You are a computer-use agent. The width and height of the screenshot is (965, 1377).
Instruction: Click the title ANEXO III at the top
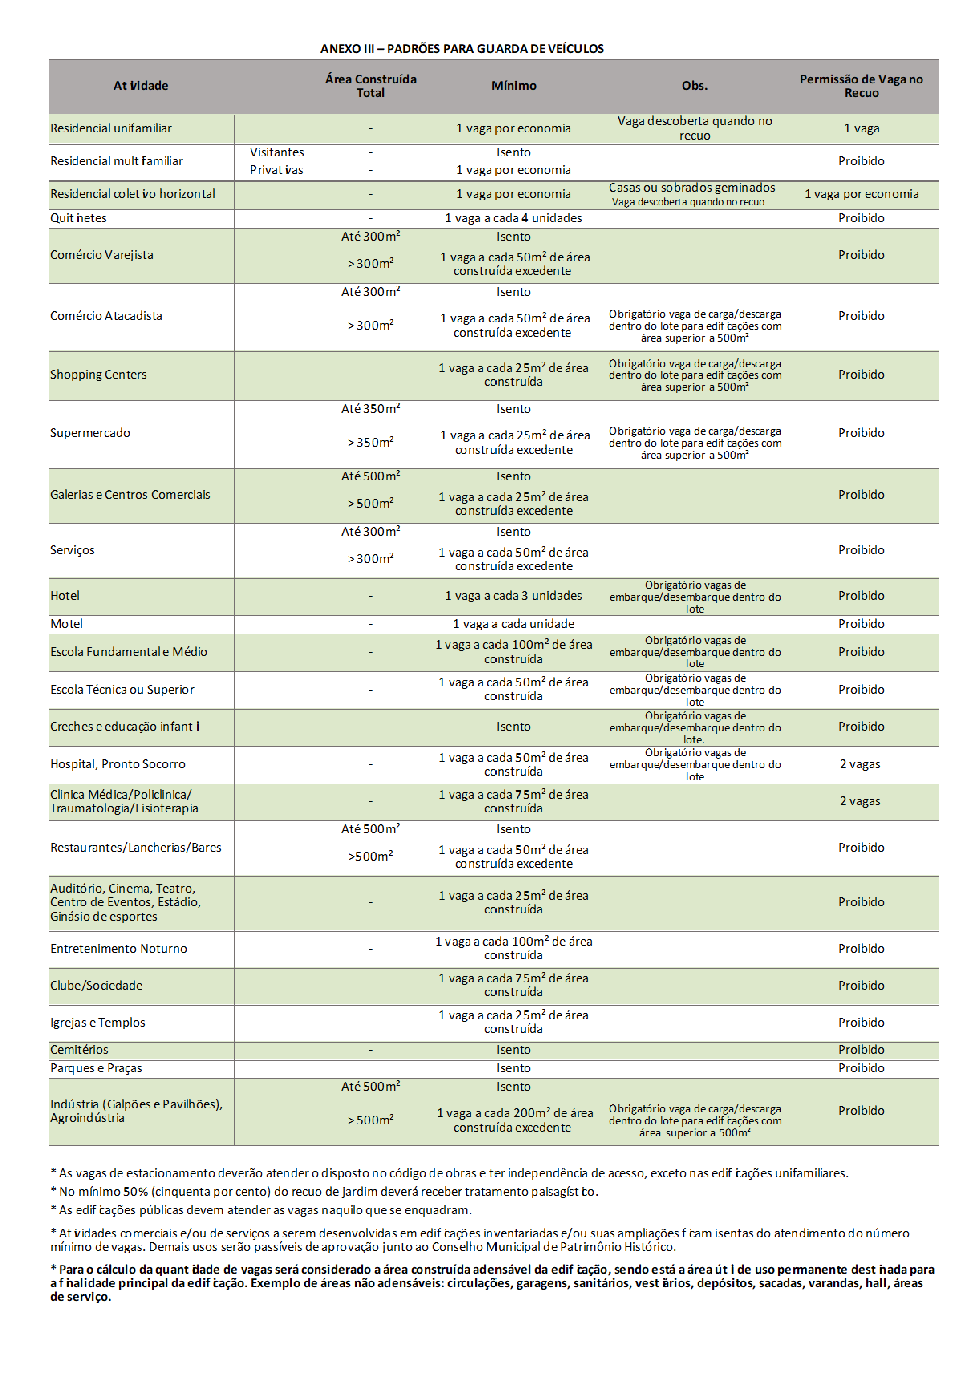tap(461, 49)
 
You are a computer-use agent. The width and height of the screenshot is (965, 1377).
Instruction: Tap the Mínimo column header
tap(513, 86)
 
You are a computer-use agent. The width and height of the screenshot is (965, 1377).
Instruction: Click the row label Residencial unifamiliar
tap(111, 128)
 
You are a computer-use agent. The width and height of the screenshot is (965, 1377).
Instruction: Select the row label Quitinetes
tap(79, 218)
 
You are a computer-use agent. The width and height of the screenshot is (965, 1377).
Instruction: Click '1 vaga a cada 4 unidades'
tap(513, 218)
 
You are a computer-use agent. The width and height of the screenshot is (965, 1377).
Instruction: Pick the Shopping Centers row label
tap(98, 374)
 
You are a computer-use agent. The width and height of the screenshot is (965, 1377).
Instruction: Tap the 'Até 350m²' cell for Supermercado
tap(370, 409)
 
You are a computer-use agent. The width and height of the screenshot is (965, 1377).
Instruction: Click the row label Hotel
tap(65, 595)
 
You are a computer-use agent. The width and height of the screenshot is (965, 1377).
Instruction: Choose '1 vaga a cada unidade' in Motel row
tap(513, 624)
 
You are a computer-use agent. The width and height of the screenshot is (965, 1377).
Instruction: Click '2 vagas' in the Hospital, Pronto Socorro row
tap(860, 764)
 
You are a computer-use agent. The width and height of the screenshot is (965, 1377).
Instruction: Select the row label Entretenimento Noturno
tap(119, 948)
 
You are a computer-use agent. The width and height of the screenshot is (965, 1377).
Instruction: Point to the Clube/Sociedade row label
tap(97, 985)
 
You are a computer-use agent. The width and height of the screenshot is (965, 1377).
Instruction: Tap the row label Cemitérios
tap(79, 1049)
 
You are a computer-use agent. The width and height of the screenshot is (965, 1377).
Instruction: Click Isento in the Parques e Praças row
tap(513, 1068)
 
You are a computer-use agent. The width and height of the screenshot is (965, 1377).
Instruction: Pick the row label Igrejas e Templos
tap(98, 1022)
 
